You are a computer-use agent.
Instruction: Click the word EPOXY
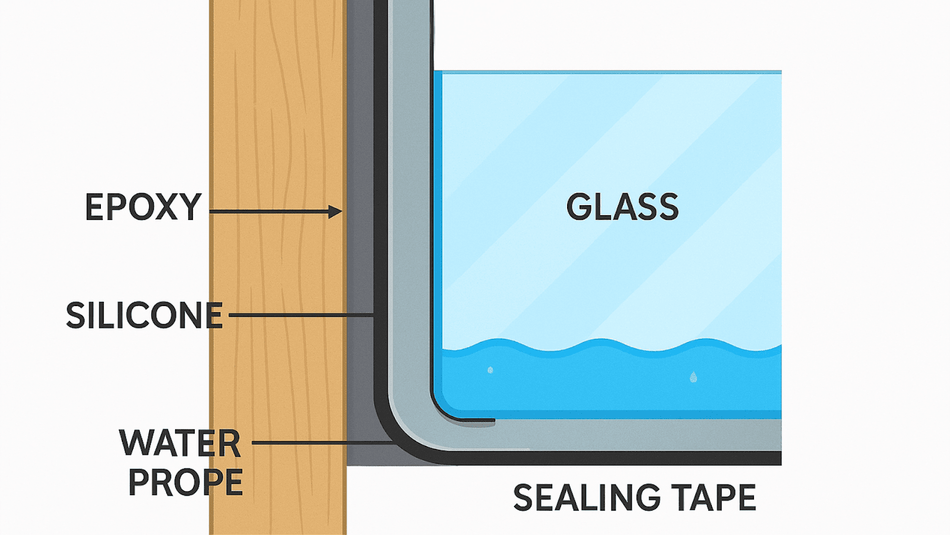tap(143, 207)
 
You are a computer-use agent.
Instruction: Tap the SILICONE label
tap(144, 316)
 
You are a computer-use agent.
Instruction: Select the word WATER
tap(180, 443)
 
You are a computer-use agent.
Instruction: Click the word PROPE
tap(185, 482)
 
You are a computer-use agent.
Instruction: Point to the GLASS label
tap(622, 207)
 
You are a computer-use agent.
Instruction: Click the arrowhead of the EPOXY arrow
tap(336, 212)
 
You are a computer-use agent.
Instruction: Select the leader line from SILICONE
tap(300, 315)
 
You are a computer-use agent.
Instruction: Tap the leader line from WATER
tap(321, 443)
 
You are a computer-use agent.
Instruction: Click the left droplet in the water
tap(490, 370)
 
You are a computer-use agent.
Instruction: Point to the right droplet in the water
tap(693, 376)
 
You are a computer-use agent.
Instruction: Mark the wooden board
tap(278, 119)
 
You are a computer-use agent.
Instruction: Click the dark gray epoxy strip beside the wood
tap(360, 178)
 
